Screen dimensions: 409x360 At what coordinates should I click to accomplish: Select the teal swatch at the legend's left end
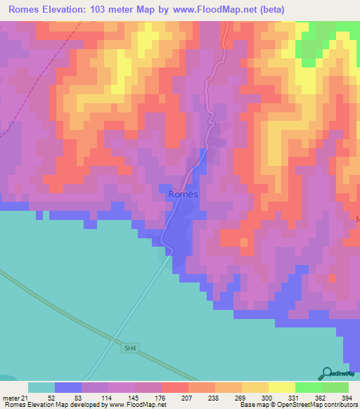(41, 387)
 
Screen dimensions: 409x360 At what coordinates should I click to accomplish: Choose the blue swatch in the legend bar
(68, 387)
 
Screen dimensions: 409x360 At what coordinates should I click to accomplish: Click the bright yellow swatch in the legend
(281, 387)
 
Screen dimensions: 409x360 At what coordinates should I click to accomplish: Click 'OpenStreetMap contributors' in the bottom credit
(316, 405)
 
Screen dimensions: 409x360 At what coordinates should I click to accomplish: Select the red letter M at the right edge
(357, 220)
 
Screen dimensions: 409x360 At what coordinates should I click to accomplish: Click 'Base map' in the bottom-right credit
(254, 405)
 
